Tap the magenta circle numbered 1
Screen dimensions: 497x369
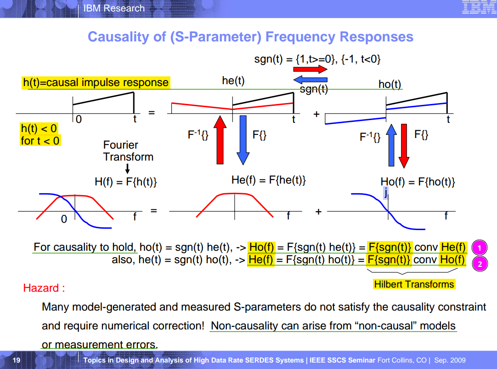480,248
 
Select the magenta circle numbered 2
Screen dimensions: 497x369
480,264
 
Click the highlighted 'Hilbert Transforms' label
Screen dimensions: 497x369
414,284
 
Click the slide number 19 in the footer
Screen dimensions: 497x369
17,360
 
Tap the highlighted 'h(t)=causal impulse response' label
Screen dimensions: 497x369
96,82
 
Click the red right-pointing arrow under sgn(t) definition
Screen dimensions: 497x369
311,69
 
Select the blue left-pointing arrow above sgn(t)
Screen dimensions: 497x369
311,80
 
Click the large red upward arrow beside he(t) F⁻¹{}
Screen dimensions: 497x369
220,140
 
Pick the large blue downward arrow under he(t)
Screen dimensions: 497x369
243,140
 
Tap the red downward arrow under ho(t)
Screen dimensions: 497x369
404,146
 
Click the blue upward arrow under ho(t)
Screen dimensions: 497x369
391,145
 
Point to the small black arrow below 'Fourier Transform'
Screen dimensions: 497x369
127,168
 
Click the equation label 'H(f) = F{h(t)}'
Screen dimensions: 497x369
125,182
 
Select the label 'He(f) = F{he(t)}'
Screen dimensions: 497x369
268,180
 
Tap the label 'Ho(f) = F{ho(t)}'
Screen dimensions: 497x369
418,182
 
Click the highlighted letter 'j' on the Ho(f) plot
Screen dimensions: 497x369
385,192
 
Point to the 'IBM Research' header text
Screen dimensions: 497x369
114,8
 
